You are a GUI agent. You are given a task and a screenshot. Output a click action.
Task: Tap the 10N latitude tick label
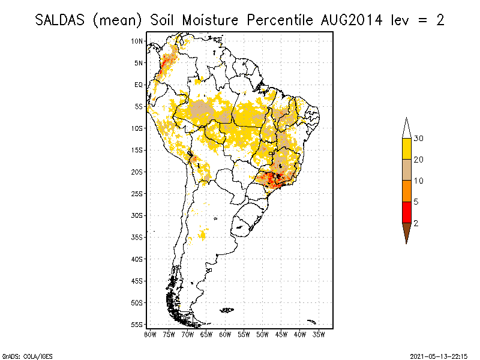point(137,41)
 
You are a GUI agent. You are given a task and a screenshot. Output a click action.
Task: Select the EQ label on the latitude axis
point(139,85)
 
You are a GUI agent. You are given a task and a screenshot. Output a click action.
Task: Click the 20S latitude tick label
point(137,172)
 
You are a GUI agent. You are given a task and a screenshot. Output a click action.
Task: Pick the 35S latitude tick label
point(137,237)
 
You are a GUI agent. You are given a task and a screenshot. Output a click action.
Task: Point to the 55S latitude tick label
point(137,324)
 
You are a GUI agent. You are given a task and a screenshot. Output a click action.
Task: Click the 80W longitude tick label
point(150,334)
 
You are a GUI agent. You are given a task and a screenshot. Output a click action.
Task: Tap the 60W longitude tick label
point(225,334)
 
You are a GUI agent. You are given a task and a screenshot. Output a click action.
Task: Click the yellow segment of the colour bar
point(406,149)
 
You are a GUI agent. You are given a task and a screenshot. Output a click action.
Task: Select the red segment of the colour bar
point(406,212)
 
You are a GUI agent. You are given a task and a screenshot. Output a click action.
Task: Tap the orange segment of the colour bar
point(406,191)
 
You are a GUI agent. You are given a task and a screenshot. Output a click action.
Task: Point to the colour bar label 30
point(419,139)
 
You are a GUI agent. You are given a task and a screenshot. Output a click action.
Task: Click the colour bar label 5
point(416,202)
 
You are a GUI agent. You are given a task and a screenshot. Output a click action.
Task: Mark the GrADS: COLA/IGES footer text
point(20,355)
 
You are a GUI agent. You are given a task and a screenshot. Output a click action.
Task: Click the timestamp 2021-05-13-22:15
point(438,355)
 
